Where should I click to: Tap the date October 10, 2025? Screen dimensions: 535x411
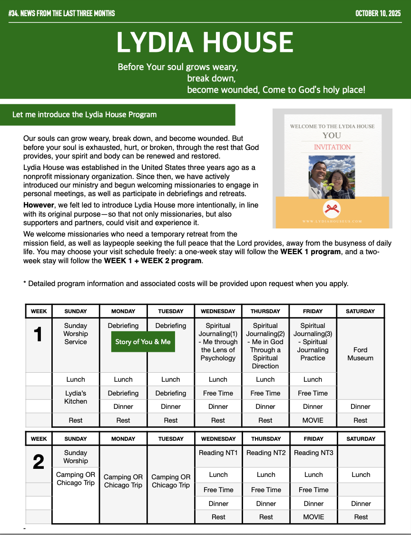pos(378,13)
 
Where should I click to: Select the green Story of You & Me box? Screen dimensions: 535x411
pos(143,342)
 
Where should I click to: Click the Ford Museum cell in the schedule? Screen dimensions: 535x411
pos(360,354)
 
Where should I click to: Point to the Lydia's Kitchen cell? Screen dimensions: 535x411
pos(76,397)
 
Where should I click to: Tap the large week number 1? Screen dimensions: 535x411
pos(39,335)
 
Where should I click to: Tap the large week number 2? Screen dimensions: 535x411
pos(39,462)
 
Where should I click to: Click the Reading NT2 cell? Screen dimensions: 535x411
pos(266,453)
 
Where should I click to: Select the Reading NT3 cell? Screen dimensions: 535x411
pos(313,453)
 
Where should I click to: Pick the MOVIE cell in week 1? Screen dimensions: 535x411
pos(313,420)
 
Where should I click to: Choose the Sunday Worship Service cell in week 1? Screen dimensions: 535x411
pos(76,334)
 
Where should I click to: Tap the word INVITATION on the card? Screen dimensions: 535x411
pos(332,147)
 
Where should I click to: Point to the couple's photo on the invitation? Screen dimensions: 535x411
pos(332,178)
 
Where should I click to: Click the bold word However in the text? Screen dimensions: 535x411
pos(39,205)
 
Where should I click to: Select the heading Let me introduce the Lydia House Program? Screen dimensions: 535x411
pos(84,115)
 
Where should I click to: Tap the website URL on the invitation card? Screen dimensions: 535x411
pos(332,221)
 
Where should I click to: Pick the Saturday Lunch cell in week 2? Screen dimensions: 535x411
pos(361,475)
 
